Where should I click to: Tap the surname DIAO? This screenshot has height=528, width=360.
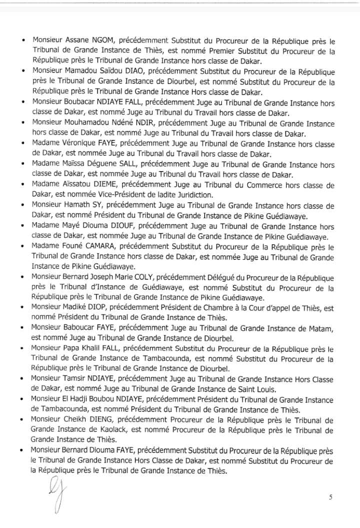(x=133, y=72)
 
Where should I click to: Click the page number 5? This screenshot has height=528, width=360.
(x=330, y=497)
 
